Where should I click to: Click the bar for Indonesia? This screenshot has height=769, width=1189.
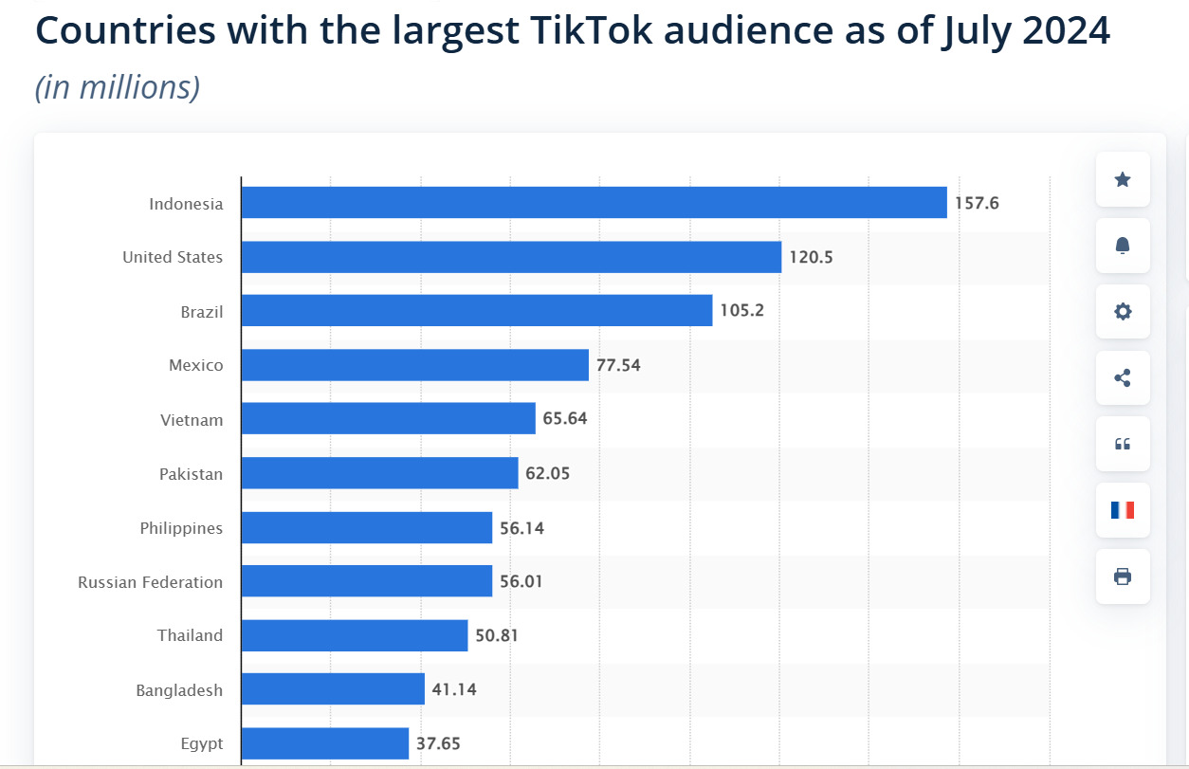[594, 203]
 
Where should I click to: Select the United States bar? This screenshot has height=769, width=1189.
[511, 257]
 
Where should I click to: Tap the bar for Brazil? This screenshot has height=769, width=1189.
[476, 311]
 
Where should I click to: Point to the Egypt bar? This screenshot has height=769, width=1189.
[324, 743]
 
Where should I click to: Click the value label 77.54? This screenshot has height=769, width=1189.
[618, 365]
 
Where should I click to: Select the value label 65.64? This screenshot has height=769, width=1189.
[565, 418]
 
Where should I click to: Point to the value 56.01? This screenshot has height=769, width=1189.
[521, 581]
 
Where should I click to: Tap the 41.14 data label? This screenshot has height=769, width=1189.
[454, 689]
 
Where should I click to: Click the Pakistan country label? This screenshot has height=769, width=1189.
[191, 473]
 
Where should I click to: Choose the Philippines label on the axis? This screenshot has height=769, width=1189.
[181, 528]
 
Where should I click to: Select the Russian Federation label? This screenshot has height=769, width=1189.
[150, 582]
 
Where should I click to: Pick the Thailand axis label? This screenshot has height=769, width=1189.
[190, 635]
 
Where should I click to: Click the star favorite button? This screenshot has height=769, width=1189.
[1123, 179]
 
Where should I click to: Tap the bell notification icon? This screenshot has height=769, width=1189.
[1123, 246]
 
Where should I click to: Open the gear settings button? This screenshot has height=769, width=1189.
[1123, 312]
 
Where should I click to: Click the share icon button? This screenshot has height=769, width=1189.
[1123, 378]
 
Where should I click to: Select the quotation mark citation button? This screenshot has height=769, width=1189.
[1123, 444]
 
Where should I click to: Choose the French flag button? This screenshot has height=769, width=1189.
[1123, 510]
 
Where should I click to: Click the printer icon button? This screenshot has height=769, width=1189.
[1123, 577]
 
